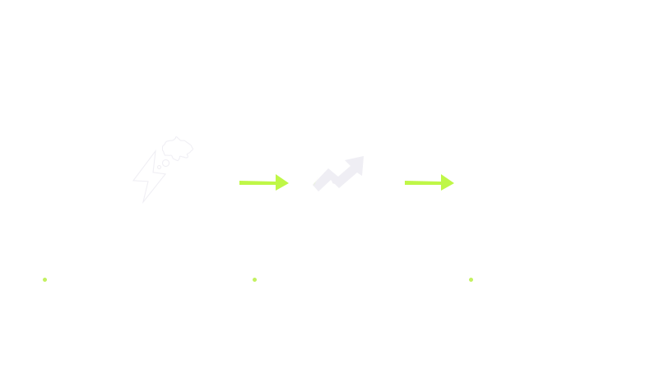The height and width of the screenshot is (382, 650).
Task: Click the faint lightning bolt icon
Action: (149, 177)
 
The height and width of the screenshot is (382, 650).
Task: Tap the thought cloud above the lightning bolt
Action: (177, 149)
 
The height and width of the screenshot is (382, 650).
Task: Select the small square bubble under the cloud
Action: (165, 163)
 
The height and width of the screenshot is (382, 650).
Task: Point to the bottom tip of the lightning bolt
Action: (144, 201)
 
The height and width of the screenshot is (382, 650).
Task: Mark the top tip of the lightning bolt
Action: (155, 152)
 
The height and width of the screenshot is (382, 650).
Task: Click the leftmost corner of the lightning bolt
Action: (134, 180)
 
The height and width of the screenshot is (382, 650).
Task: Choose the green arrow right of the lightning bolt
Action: (263, 182)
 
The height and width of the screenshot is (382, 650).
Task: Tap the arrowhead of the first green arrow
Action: (283, 182)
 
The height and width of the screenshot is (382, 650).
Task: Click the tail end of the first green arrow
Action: (241, 182)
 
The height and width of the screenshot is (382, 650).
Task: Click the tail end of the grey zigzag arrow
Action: (316, 186)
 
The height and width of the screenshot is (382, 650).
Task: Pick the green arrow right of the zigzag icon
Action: (429, 182)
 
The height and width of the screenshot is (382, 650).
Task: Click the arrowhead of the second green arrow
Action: (448, 182)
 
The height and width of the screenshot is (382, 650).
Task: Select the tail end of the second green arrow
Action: (406, 182)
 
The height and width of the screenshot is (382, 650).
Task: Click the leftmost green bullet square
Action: (44, 279)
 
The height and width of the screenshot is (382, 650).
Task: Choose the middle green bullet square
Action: (254, 279)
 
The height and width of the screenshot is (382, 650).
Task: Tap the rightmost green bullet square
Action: (471, 279)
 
